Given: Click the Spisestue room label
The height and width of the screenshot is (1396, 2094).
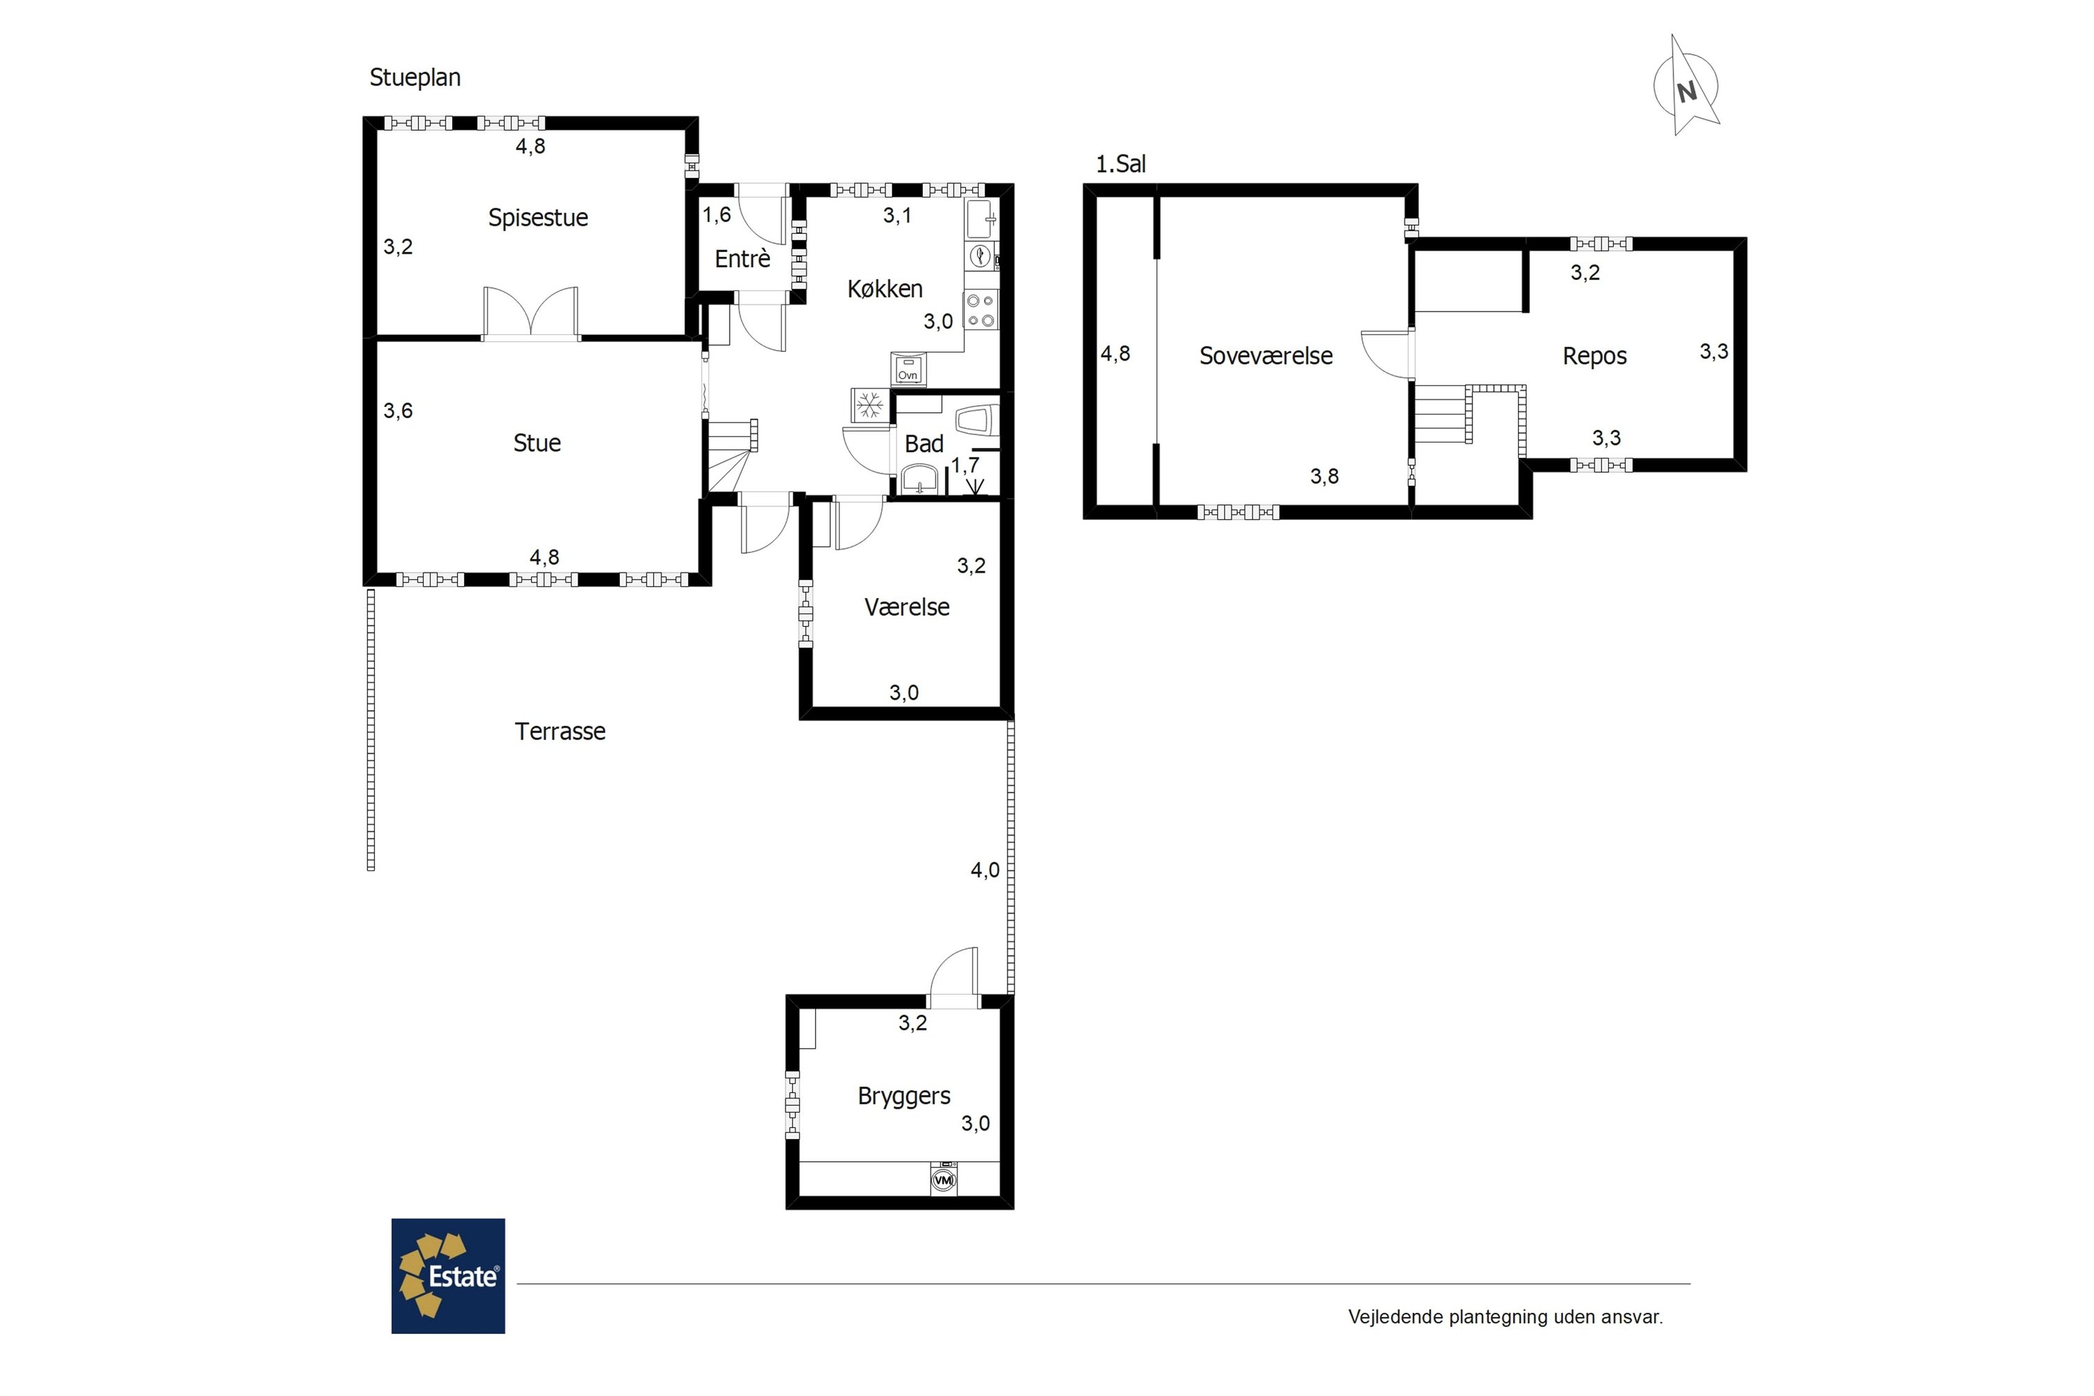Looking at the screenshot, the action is tap(537, 218).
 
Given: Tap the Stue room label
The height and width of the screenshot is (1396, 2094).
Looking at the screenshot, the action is tap(537, 443).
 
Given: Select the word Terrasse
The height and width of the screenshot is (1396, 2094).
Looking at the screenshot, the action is tap(560, 731).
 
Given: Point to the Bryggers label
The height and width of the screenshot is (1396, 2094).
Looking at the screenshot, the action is tap(904, 1096).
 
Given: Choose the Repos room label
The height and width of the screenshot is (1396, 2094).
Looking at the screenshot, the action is tap(1594, 356).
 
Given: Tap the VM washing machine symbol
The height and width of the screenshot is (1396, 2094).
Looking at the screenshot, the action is tap(944, 1179).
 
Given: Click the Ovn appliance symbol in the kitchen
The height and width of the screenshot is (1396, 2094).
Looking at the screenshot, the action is tap(908, 369).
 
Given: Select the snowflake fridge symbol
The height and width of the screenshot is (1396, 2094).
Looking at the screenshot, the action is tap(869, 405).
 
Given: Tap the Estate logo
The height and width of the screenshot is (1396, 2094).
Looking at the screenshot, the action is tap(448, 1276).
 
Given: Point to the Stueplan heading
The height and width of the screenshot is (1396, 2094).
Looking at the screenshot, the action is tap(415, 77).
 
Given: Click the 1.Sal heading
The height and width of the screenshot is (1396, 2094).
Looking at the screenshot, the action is tap(1120, 164).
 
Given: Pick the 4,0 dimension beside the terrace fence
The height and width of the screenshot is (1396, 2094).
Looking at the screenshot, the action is tap(985, 870).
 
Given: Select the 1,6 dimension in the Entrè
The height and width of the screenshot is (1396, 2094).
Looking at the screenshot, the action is tap(717, 214).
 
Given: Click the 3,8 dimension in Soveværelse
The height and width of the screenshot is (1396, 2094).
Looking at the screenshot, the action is tap(1324, 476).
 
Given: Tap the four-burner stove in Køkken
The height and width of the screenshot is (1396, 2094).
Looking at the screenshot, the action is tap(981, 311).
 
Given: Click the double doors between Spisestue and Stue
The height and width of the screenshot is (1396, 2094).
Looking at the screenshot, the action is tap(530, 313).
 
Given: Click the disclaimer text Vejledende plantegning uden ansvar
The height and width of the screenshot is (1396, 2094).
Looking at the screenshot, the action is tap(1506, 1316).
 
